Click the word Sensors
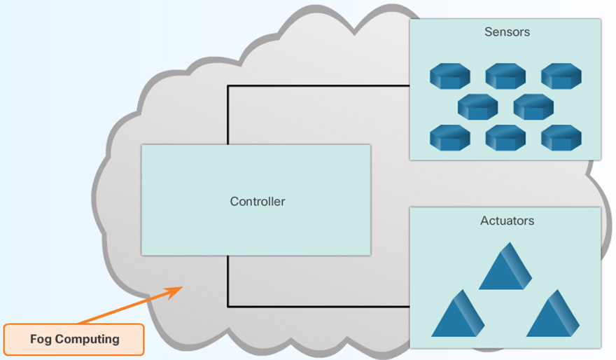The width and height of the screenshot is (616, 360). tap(507, 32)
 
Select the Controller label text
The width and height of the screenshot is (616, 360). tap(258, 202)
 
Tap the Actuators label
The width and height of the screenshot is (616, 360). tap(507, 221)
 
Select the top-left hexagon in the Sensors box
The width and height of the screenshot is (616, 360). tap(449, 76)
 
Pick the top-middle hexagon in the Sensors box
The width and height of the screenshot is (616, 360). tap(505, 76)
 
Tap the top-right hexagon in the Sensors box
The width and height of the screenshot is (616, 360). tap(561, 76)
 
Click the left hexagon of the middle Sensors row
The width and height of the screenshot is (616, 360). tap(477, 107)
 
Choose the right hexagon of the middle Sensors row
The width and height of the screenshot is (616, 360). tap(533, 107)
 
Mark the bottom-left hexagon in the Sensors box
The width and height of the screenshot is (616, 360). tap(449, 137)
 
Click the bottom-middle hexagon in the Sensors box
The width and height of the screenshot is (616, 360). tap(505, 137)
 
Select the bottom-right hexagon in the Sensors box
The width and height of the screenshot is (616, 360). tap(561, 137)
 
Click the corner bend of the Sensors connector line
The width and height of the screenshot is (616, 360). tap(228, 86)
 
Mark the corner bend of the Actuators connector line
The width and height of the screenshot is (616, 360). tap(228, 306)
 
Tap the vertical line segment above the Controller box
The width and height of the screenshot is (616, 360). tap(228, 116)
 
